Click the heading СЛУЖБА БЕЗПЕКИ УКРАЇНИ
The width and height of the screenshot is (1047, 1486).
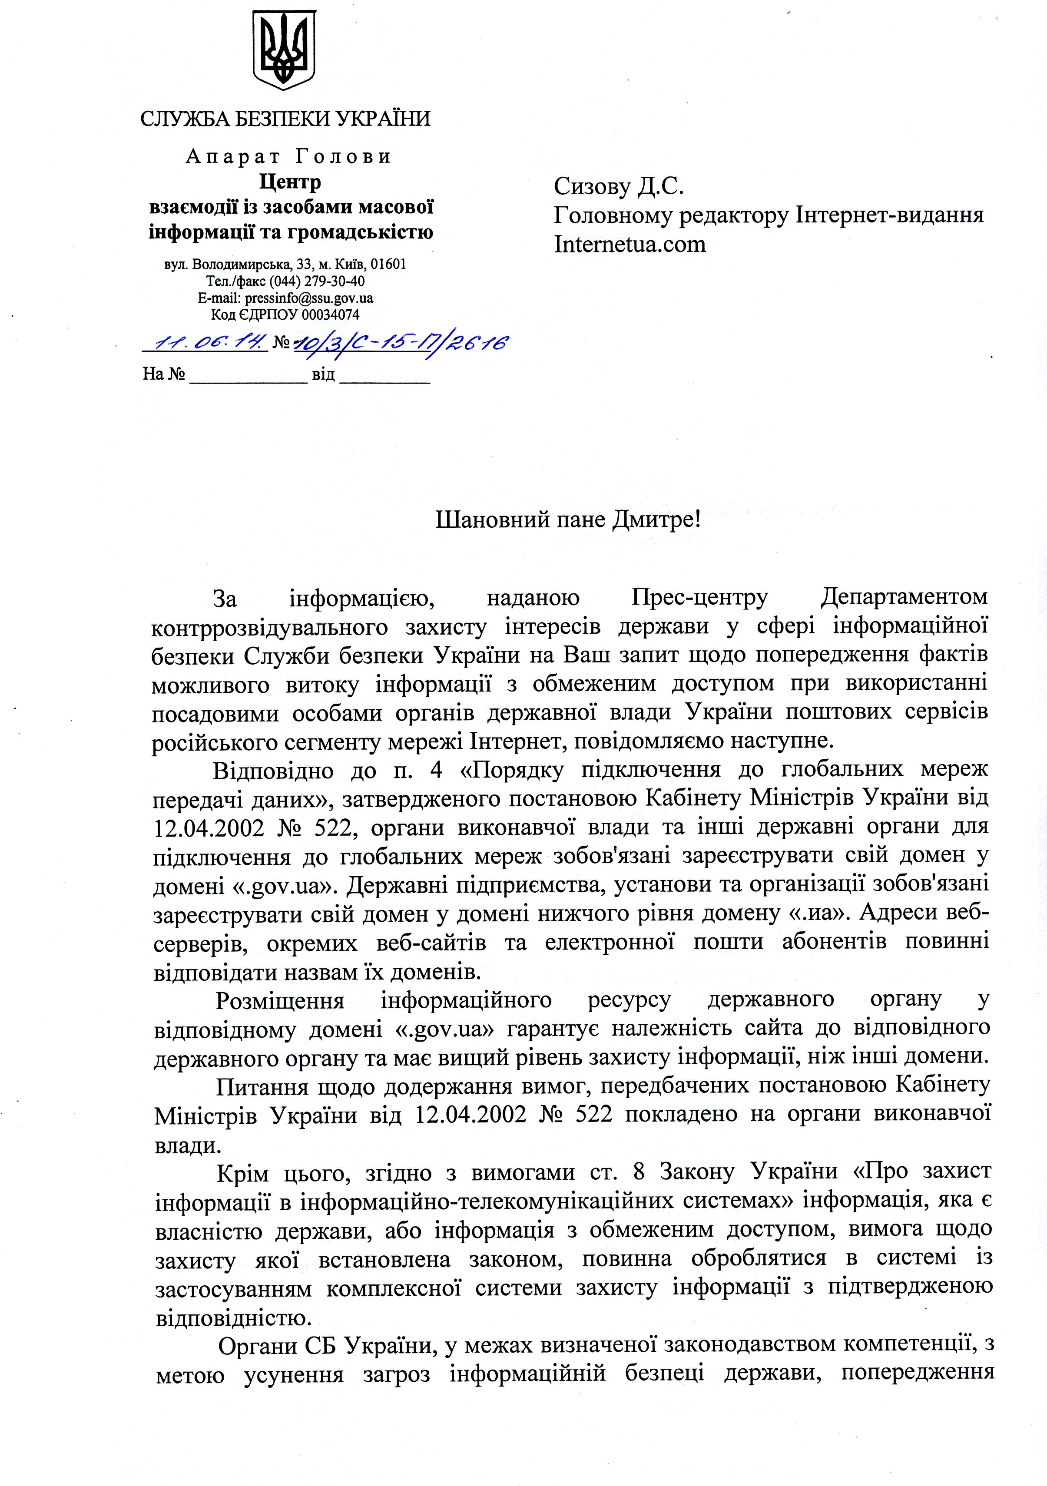(285, 119)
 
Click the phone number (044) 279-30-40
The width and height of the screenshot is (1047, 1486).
(315, 281)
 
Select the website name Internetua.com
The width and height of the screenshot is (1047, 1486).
(630, 244)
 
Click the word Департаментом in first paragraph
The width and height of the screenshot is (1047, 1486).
(904, 597)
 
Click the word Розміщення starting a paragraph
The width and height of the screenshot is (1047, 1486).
(280, 1001)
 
